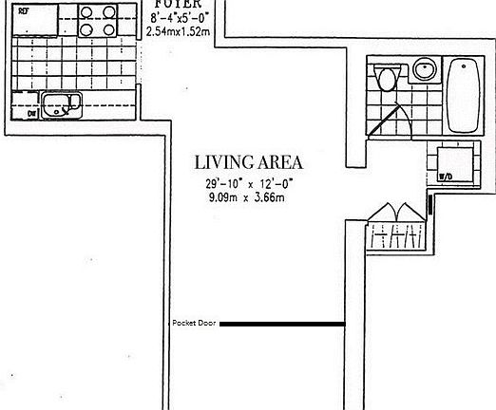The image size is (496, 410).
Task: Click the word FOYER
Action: click(177, 4)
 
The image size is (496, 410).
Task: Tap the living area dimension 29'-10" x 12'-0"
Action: click(243, 183)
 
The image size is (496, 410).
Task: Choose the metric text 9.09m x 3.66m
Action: click(243, 197)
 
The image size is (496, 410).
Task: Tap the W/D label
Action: click(443, 177)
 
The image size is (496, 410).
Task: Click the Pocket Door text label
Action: click(194, 324)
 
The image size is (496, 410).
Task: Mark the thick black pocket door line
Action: click(282, 325)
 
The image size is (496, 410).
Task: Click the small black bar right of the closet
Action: click(430, 203)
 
